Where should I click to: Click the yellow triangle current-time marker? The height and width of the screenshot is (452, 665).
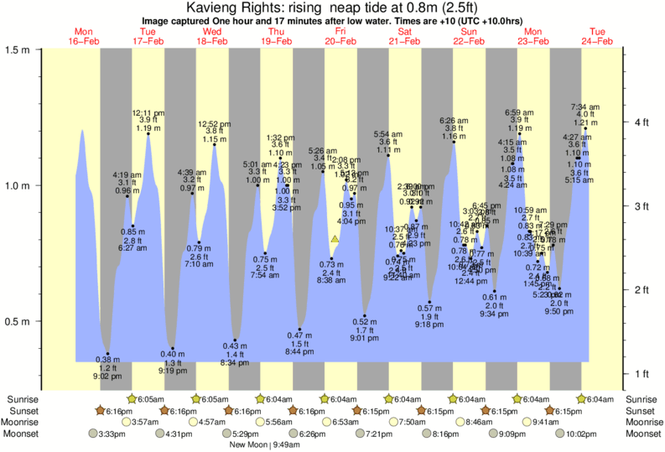[335, 240]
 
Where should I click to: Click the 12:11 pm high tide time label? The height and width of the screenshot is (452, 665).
[148, 112]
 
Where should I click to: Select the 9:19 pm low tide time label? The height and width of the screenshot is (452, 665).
[172, 370]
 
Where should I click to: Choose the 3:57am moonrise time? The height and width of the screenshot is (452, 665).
[145, 423]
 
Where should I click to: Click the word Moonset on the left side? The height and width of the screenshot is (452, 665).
[20, 434]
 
